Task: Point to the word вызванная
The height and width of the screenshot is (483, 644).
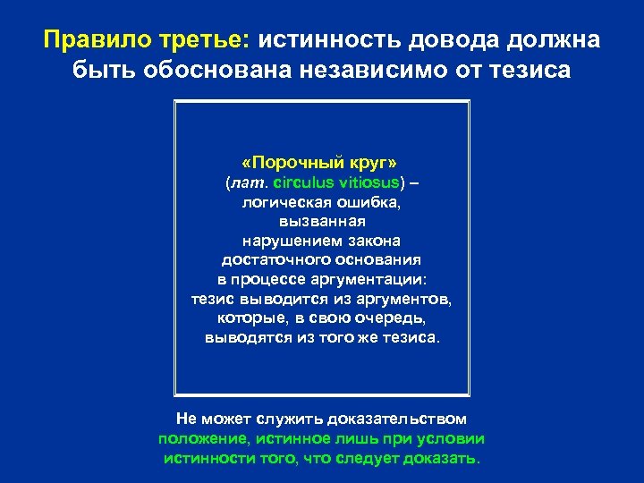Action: point(322,222)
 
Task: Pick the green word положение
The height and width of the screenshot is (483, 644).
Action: point(203,438)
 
